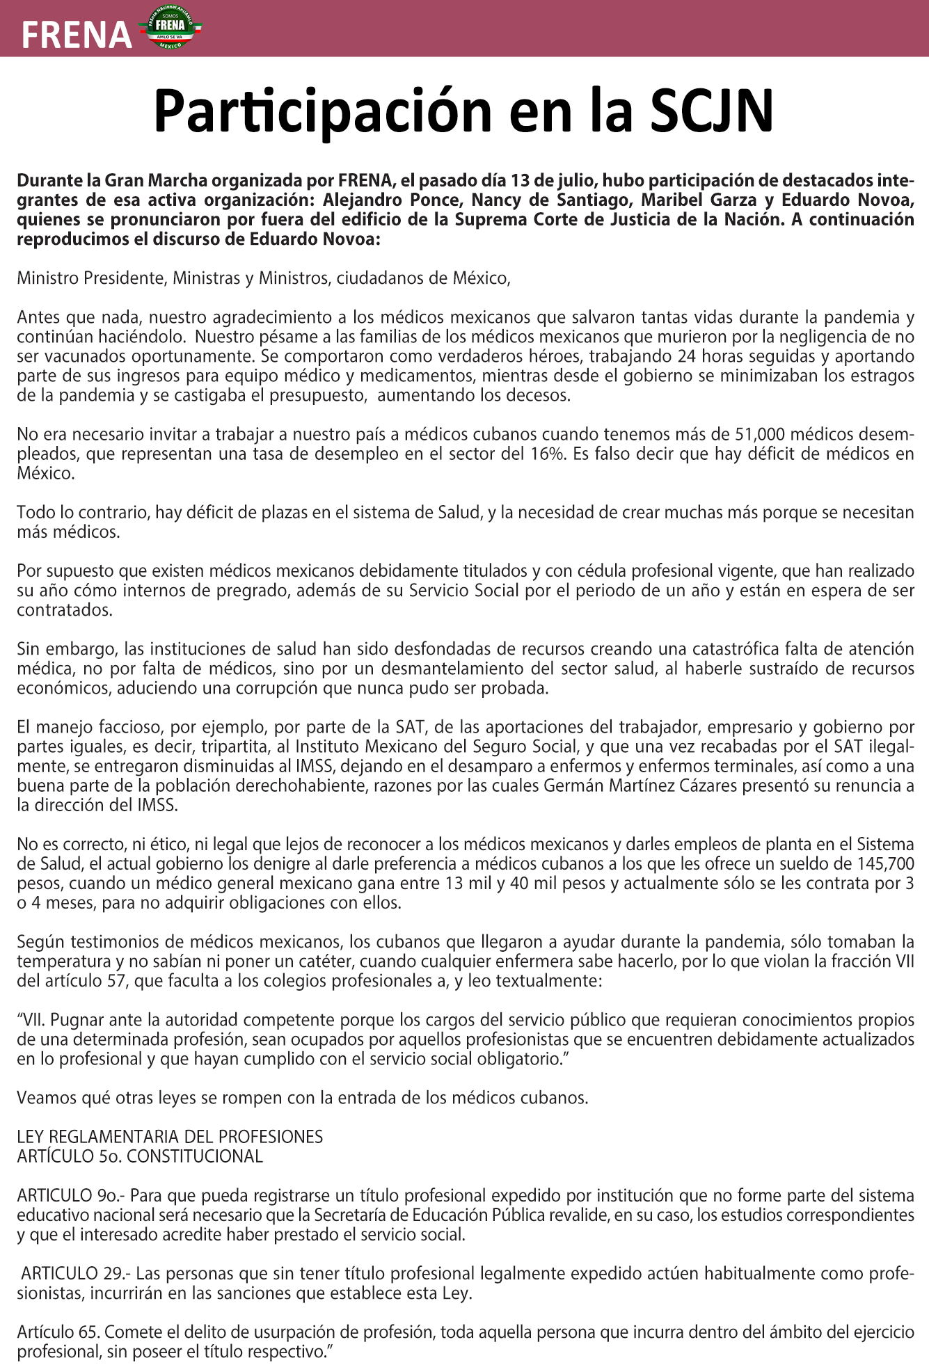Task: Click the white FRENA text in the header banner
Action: (x=77, y=35)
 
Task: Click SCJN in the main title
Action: (x=711, y=111)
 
